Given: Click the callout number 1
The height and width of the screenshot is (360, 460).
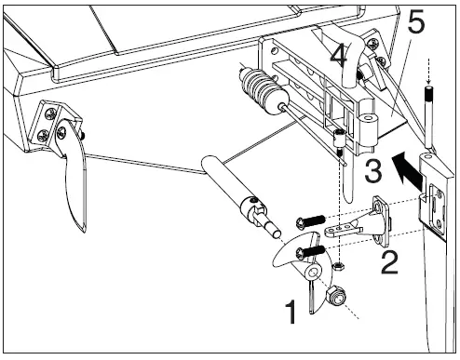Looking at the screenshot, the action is (291, 312).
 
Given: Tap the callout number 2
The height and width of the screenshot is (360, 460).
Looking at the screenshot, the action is (389, 262).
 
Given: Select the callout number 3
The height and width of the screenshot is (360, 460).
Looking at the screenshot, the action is (373, 171).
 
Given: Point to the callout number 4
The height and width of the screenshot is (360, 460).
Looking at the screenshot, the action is (339, 57).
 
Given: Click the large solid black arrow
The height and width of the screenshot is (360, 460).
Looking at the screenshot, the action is (408, 169).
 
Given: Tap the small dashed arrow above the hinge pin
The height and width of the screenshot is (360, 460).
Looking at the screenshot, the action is (429, 72).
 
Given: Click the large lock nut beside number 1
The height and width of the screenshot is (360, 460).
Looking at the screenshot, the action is (336, 296).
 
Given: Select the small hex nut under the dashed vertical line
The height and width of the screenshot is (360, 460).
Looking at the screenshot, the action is (338, 266).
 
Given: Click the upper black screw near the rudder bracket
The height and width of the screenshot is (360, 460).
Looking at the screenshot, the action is (311, 222).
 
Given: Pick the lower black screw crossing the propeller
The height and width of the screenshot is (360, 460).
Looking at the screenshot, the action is (310, 251).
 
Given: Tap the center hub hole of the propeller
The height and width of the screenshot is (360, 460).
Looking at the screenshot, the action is (314, 273).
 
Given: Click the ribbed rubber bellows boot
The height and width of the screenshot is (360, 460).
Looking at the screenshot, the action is (264, 90).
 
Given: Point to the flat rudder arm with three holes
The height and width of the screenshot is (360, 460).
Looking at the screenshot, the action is (344, 231).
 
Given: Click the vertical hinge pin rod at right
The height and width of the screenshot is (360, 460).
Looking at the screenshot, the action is (429, 117).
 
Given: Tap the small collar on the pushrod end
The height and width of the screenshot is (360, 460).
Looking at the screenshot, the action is (340, 140).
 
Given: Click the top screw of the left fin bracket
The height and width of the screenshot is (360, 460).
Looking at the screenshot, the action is (50, 113).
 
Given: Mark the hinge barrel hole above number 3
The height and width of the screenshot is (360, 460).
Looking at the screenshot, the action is (368, 118).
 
